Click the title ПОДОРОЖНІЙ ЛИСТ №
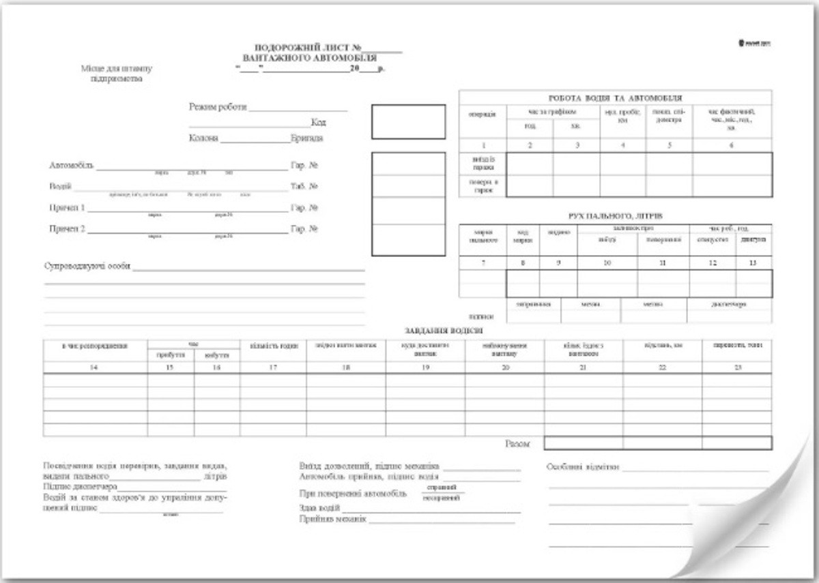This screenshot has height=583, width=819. (x=308, y=48)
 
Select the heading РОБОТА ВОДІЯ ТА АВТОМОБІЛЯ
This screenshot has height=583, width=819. (x=616, y=98)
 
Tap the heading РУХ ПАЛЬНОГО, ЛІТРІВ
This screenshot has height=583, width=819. (x=615, y=216)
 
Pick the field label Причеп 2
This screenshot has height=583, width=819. (x=67, y=229)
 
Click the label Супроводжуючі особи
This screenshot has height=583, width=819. (x=87, y=266)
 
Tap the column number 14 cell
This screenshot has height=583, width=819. (x=95, y=368)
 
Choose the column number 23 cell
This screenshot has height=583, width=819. (x=737, y=368)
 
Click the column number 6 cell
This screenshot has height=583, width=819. (x=732, y=145)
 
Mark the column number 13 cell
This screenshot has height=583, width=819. (x=754, y=263)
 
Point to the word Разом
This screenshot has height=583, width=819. (x=517, y=444)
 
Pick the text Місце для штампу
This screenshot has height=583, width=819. (x=117, y=69)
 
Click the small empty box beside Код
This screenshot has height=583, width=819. (x=408, y=121)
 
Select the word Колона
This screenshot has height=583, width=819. (x=204, y=138)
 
